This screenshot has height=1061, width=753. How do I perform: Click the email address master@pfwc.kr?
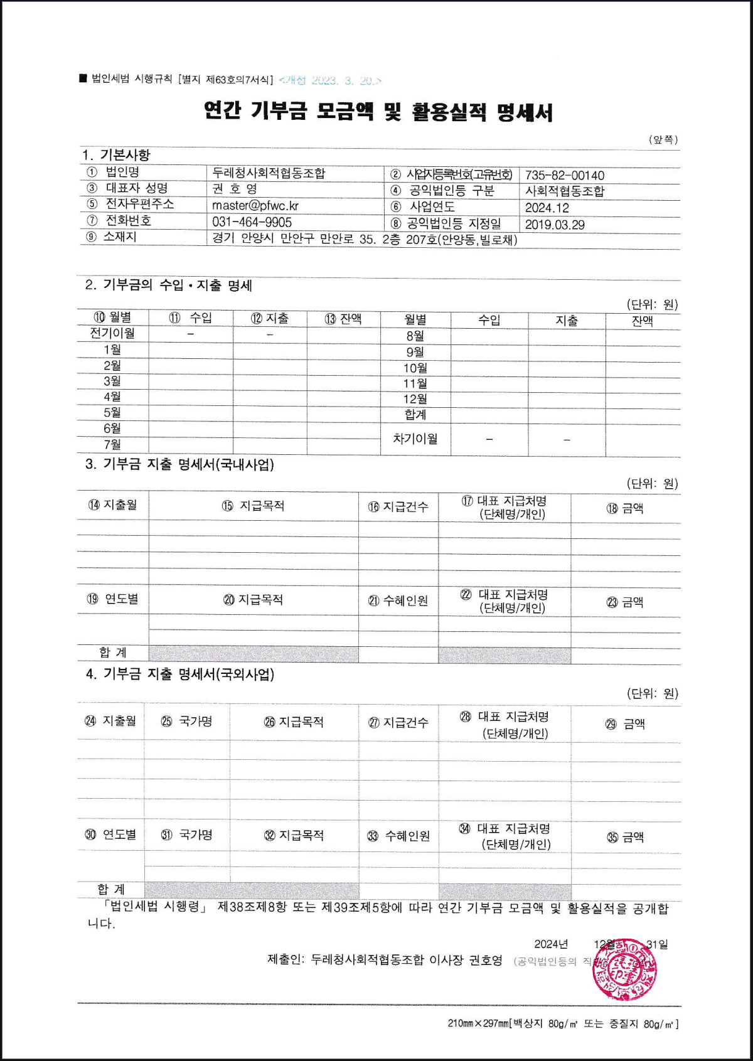255,205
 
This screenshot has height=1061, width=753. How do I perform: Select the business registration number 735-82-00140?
564,176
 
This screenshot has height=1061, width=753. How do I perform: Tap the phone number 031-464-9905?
252,222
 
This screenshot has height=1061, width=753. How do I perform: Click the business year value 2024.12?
547,208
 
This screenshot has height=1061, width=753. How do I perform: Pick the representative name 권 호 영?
235,189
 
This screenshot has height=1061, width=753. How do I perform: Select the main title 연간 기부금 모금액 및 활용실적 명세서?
378,112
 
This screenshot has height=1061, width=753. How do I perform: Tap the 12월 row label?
415,399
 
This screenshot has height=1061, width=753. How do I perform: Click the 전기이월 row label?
112,333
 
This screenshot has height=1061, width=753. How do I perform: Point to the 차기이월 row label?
415,439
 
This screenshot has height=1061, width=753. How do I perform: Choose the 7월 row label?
112,444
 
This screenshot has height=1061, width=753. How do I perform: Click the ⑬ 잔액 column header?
343,319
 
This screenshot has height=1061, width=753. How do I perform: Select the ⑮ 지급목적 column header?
254,506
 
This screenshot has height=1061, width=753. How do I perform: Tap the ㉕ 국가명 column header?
186,722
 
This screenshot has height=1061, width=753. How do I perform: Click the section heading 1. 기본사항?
116,154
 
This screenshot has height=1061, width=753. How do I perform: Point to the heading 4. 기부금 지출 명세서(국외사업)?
180,674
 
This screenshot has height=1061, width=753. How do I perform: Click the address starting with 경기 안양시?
365,239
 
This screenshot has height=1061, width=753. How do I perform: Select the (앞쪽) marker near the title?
663,139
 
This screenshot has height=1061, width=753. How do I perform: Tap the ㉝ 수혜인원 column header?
398,836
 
